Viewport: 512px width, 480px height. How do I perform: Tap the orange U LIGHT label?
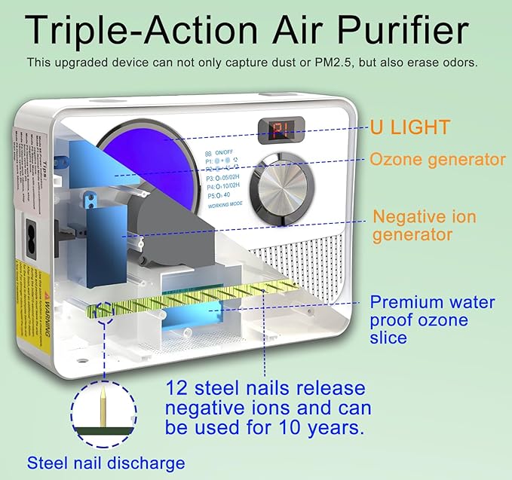pyautogui.click(x=409, y=127)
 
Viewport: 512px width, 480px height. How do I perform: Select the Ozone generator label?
pyautogui.click(x=437, y=159)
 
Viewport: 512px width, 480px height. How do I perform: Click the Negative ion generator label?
pyautogui.click(x=425, y=225)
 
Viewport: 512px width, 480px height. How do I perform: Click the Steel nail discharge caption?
pyautogui.click(x=106, y=463)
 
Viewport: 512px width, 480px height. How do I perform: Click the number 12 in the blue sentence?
pyautogui.click(x=179, y=389)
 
